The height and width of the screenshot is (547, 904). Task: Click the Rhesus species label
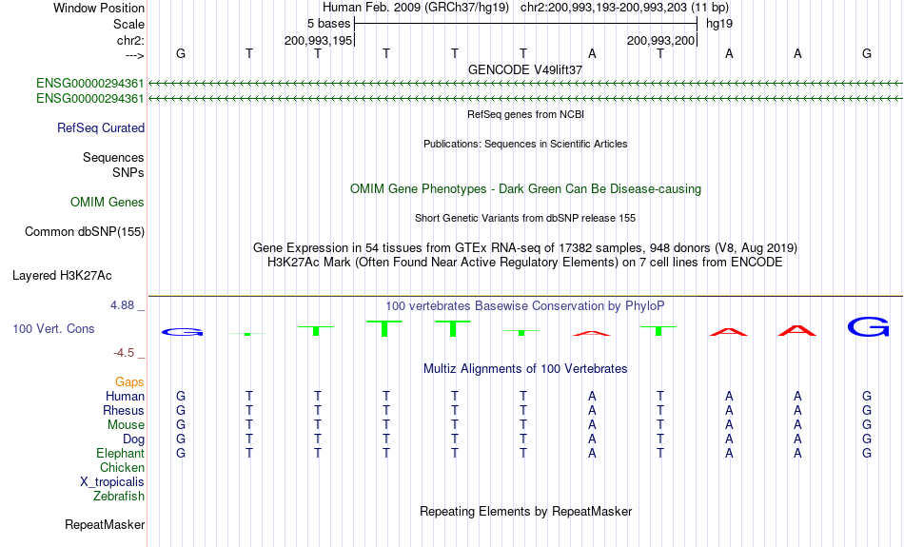click(x=124, y=410)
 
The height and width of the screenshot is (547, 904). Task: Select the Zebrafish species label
click(x=119, y=496)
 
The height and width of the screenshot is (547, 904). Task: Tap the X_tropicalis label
click(x=112, y=482)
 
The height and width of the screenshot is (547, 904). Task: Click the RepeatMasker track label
click(x=105, y=524)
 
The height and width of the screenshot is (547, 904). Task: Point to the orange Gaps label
click(x=129, y=381)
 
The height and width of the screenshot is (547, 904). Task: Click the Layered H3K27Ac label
click(x=62, y=276)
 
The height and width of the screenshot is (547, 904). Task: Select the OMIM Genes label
click(x=108, y=203)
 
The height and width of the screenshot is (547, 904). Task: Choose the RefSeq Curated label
click(x=101, y=128)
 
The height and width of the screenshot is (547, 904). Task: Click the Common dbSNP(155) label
click(x=85, y=232)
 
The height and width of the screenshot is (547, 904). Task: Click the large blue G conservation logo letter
click(x=868, y=327)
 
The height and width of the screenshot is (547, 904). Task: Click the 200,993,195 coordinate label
click(x=318, y=40)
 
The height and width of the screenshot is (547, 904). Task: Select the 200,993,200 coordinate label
click(x=660, y=40)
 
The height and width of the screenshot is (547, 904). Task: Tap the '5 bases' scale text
click(x=328, y=24)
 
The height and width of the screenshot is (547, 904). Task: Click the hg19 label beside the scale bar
click(x=719, y=24)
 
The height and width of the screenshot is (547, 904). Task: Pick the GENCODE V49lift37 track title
click(x=525, y=69)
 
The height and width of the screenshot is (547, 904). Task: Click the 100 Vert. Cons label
click(x=53, y=328)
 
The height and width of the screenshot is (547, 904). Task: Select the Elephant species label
click(x=121, y=454)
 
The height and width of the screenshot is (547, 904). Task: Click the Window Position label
click(x=99, y=8)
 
